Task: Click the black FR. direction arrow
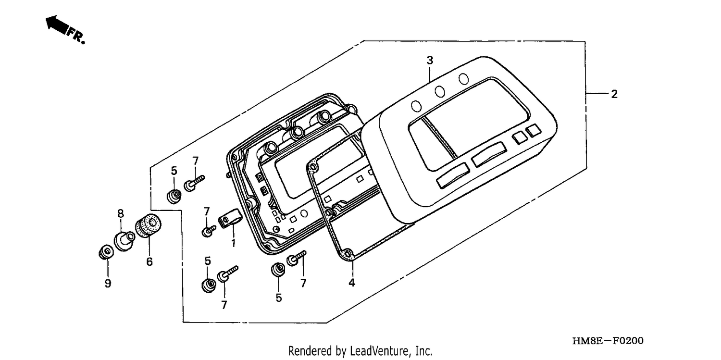57,25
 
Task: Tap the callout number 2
614,94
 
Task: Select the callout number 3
430,60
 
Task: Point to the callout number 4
352,283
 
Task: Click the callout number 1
233,243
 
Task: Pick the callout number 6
149,261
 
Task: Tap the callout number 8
120,213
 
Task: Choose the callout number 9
108,284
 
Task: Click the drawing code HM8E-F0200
608,341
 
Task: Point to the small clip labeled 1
230,219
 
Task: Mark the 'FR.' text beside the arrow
76,36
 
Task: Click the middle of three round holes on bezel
440,91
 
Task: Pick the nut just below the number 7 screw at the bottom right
278,269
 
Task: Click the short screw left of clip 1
209,231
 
